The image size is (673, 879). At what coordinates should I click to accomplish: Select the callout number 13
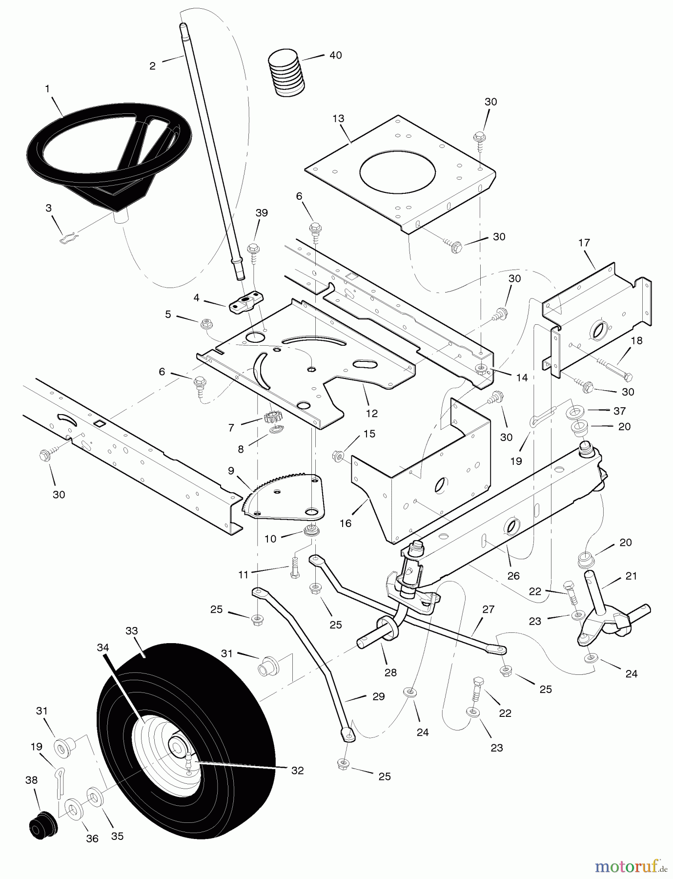(x=338, y=119)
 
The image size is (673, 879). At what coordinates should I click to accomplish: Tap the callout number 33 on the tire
(x=131, y=630)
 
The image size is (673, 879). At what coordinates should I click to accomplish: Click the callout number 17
(x=584, y=243)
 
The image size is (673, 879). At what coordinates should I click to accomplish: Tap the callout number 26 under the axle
(x=513, y=576)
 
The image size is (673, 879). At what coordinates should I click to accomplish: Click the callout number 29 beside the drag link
(x=379, y=697)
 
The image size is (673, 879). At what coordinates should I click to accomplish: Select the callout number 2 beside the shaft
(x=152, y=66)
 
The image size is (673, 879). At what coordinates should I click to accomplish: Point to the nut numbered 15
(x=337, y=457)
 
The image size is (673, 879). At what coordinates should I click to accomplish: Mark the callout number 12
(x=372, y=413)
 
